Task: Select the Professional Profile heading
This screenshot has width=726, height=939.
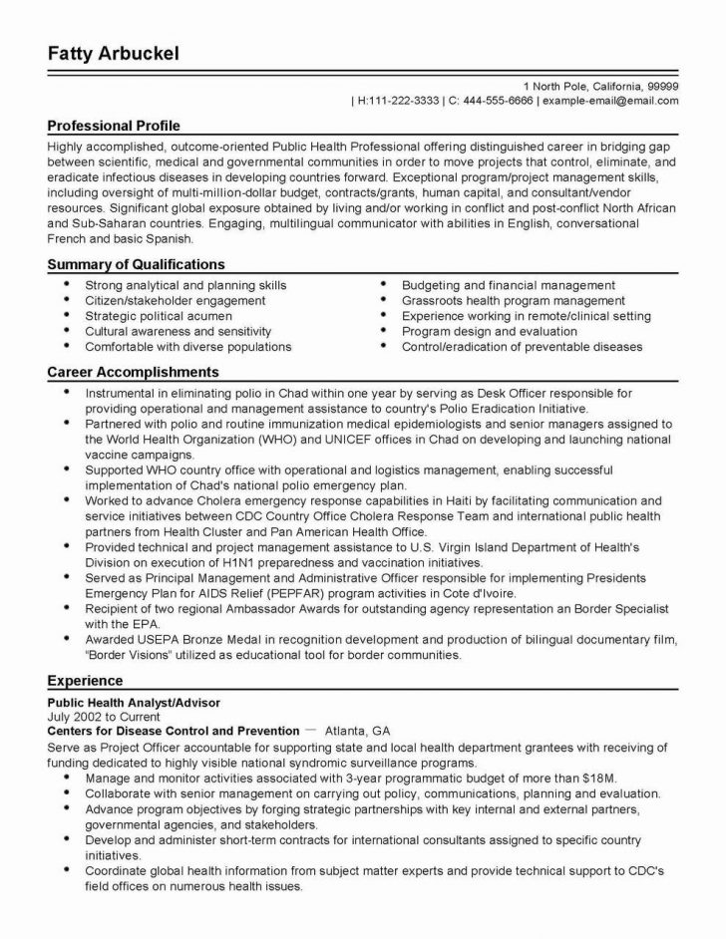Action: tap(114, 127)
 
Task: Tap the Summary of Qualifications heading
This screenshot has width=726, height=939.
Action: tap(136, 264)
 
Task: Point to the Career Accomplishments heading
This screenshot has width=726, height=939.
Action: tap(133, 371)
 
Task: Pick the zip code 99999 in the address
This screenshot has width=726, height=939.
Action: tap(661, 86)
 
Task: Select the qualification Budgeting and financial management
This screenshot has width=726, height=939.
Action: tap(508, 285)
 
